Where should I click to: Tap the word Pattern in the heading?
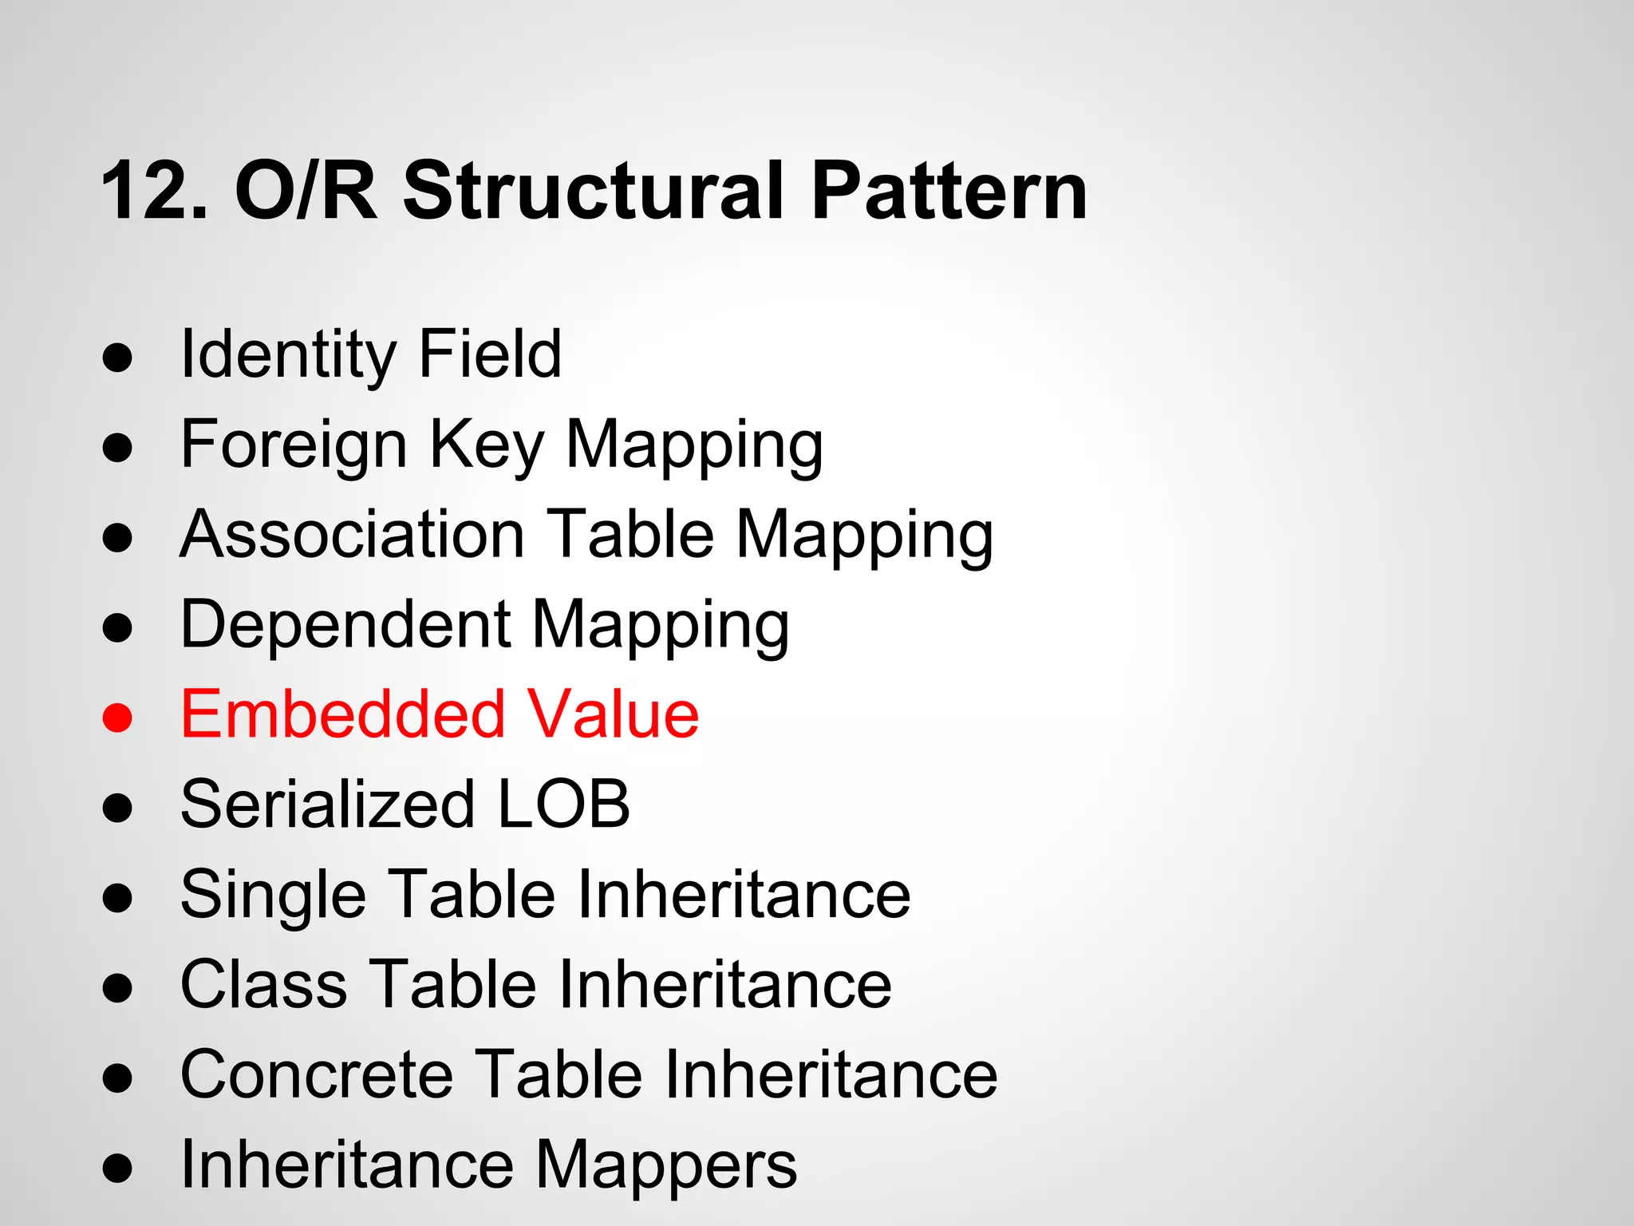[x=949, y=192]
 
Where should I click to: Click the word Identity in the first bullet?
[x=286, y=355]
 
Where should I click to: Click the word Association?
[x=352, y=534]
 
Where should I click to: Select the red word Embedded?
[x=343, y=714]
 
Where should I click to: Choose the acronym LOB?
[x=563, y=805]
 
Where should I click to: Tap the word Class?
[x=264, y=985]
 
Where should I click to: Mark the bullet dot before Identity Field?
[x=117, y=358]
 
